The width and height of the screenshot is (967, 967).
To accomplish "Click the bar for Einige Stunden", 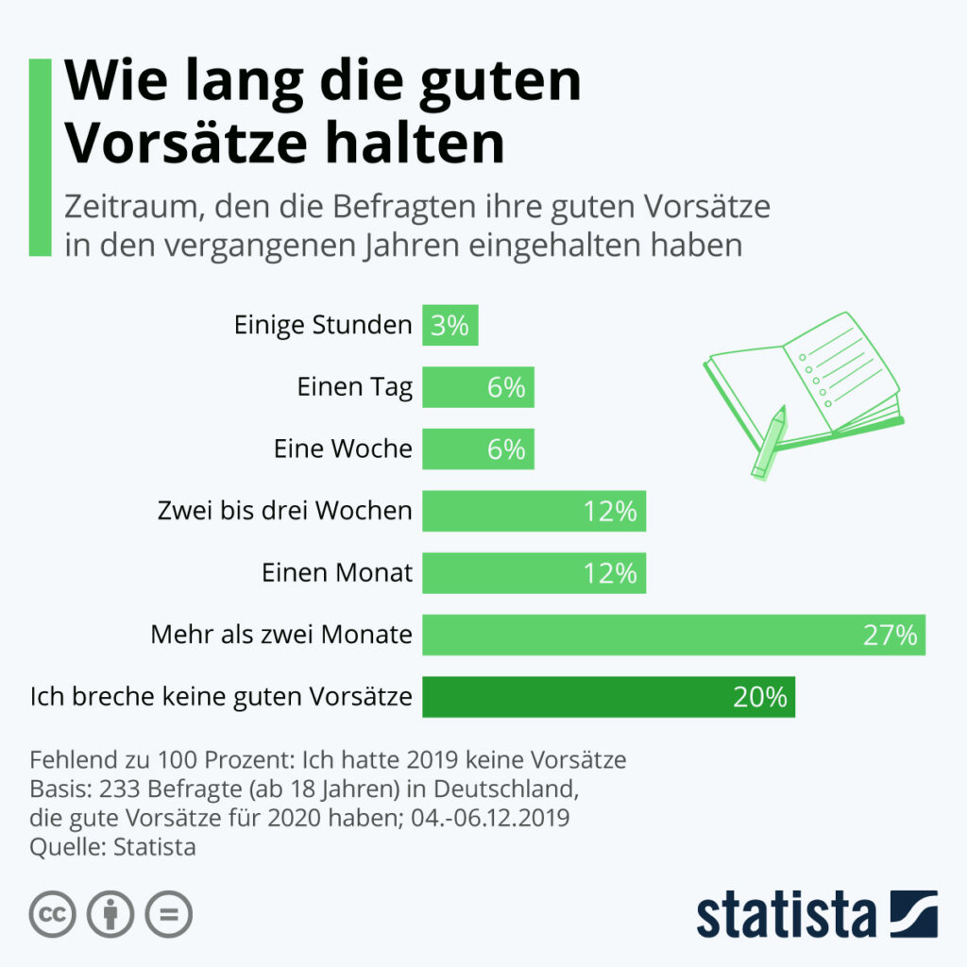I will click(450, 325).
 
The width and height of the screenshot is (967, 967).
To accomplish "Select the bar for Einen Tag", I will click(478, 387).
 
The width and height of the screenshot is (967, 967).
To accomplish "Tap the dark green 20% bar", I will click(608, 697).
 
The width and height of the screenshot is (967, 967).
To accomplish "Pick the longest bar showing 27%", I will click(673, 635).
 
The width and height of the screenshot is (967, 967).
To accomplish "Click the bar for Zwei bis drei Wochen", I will click(534, 511).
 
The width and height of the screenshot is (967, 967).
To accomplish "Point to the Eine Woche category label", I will click(343, 450).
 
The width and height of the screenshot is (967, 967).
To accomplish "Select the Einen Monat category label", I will click(336, 573).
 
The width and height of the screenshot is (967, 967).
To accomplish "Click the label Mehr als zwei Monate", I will click(281, 635).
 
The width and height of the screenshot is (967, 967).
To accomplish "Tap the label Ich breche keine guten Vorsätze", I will click(221, 697).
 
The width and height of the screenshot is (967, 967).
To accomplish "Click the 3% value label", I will click(450, 326).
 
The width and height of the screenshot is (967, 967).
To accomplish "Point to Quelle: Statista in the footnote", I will click(113, 846).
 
